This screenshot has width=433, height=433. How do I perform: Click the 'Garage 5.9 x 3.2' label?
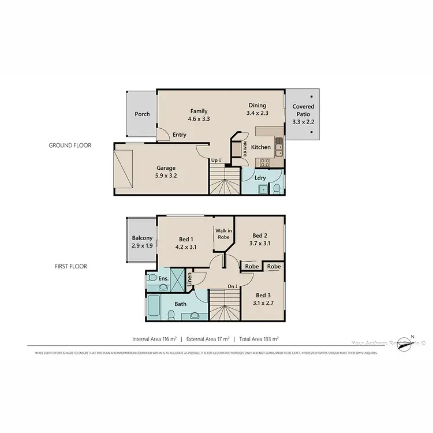tap(165, 172)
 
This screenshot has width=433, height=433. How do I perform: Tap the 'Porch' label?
tap(142, 114)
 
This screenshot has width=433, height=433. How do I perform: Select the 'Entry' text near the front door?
tap(180, 135)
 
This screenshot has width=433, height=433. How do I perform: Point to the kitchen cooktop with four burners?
tap(265, 162)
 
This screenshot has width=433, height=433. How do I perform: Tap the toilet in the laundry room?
tap(277, 189)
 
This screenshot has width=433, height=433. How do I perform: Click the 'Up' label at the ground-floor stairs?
tap(216, 160)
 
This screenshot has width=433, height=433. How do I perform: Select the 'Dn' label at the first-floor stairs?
tap(232, 286)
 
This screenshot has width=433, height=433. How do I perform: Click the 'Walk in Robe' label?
tap(224, 234)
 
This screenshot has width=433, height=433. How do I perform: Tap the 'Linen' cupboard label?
tap(189, 281)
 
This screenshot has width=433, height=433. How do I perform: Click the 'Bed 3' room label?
tap(263, 298)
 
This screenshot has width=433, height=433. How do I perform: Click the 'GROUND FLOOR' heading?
tap(70, 145)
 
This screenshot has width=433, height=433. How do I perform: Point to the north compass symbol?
tap(412, 344)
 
